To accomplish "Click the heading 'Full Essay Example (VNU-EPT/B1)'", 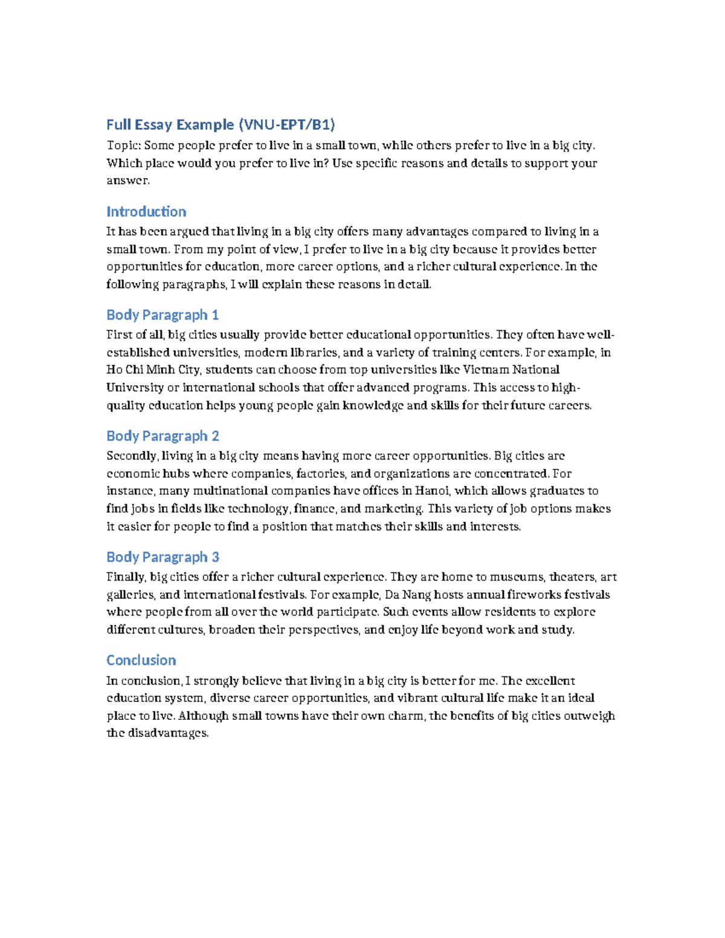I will tap(221, 125).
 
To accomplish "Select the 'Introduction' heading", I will tap(146, 212).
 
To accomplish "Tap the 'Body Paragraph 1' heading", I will tap(163, 315).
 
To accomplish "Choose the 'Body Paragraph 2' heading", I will tap(163, 436).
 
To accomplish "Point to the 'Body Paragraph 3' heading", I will tap(163, 557).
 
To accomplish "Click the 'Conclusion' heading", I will tap(141, 660).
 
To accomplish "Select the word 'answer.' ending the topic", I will tap(127, 181).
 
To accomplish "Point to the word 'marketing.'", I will tap(393, 509).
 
